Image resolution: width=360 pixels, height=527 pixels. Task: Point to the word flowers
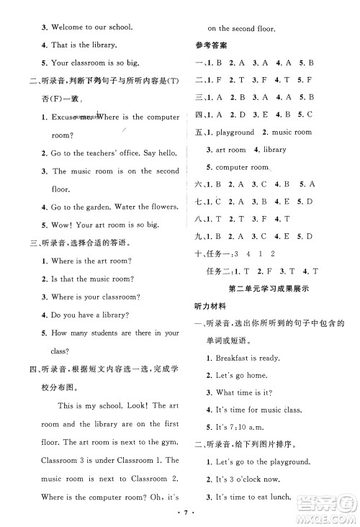coord(161,207)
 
